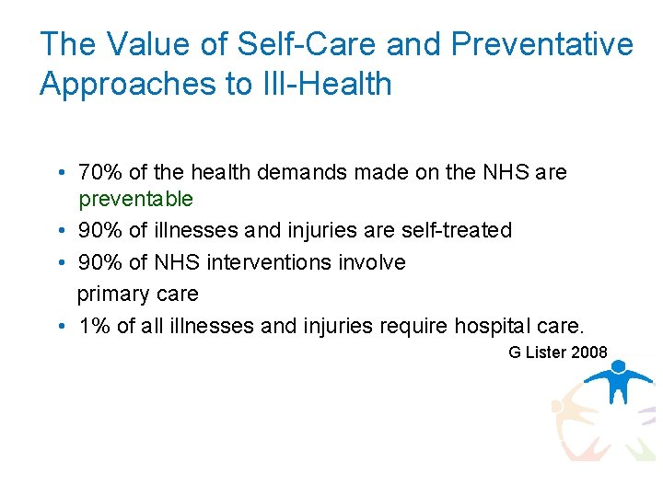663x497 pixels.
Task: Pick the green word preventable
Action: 135,199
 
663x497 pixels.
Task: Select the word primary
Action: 111,295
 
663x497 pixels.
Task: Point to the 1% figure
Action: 92,326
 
